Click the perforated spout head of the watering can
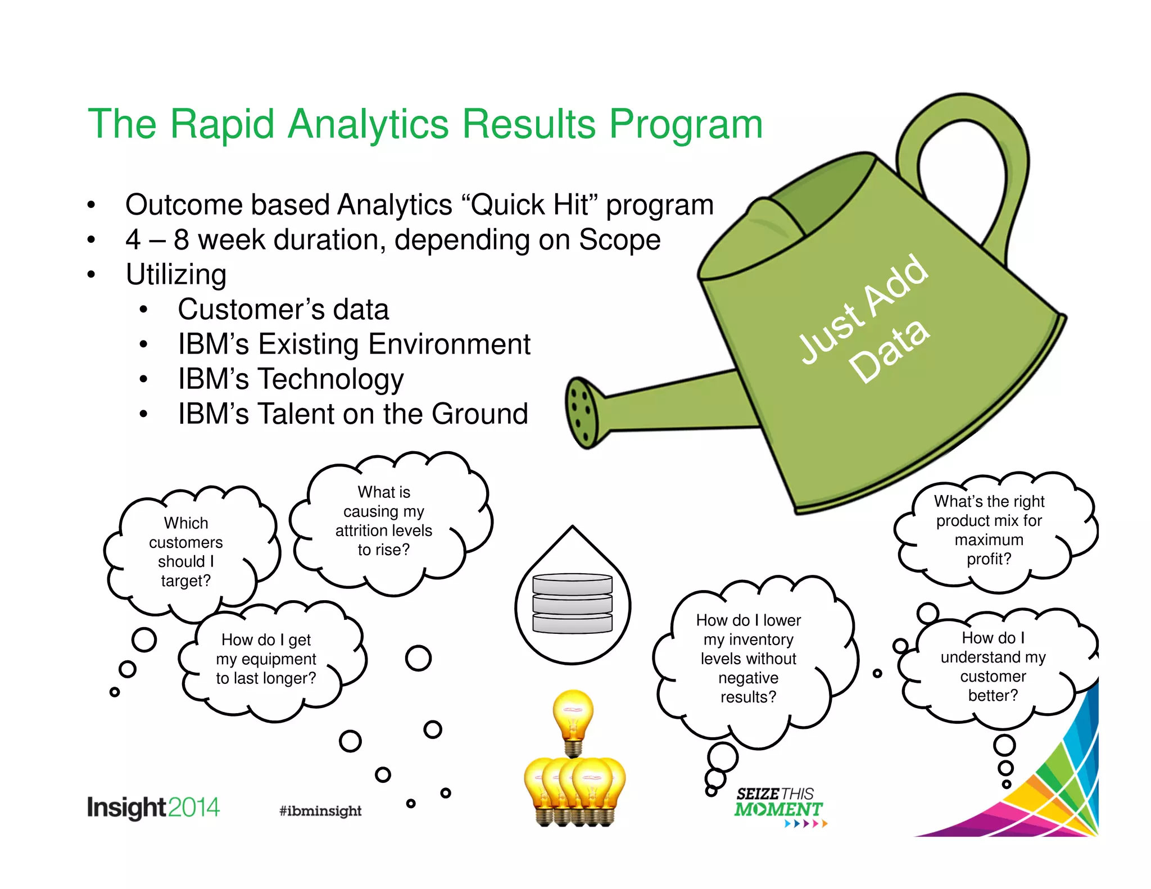click(x=582, y=413)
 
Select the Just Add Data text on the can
click(x=877, y=320)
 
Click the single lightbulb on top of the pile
click(x=573, y=719)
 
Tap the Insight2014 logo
click(x=153, y=808)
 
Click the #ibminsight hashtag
click(x=320, y=810)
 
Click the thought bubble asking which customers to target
click(x=186, y=552)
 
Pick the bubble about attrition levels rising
click(x=384, y=521)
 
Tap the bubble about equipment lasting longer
click(x=266, y=659)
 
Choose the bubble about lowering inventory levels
click(x=748, y=659)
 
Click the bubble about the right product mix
click(x=989, y=530)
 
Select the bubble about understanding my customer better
click(x=993, y=666)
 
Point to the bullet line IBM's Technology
click(x=291, y=379)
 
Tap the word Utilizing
click(x=176, y=275)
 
